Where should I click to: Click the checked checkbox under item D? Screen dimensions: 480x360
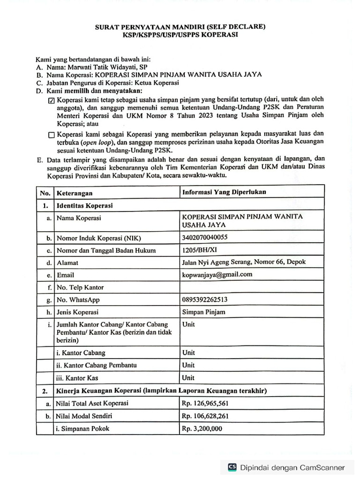click(x=51, y=100)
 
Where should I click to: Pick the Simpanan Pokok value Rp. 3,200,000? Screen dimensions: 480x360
click(x=202, y=428)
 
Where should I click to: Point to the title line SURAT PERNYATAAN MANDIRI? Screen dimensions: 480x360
click(x=180, y=27)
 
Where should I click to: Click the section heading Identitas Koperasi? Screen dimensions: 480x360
click(x=84, y=205)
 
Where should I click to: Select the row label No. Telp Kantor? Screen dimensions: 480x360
click(x=80, y=287)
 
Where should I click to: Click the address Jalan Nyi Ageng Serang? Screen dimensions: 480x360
click(x=244, y=262)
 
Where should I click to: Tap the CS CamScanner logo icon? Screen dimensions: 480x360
click(x=232, y=467)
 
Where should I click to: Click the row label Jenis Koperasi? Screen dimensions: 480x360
click(x=77, y=312)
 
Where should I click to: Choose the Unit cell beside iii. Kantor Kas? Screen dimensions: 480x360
click(x=188, y=377)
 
